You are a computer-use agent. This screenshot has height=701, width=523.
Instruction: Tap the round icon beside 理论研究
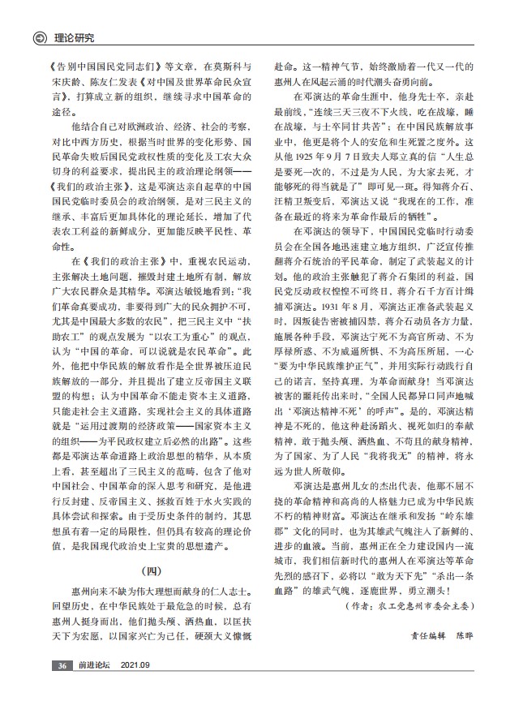35,37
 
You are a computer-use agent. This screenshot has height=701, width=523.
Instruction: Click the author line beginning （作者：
409,605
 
